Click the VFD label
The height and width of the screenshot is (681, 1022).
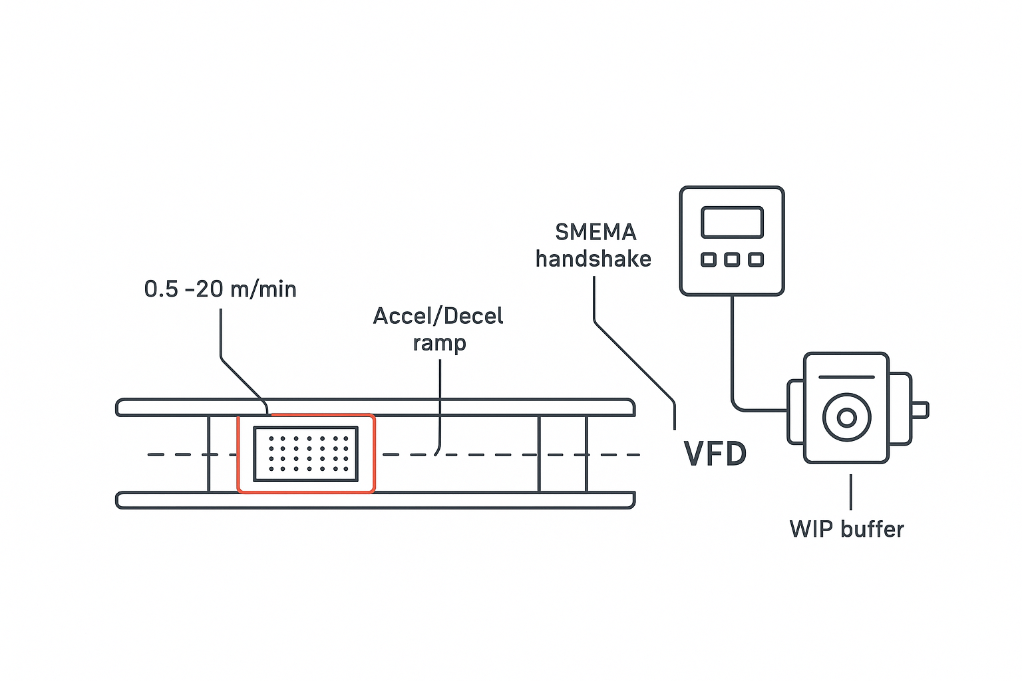point(715,454)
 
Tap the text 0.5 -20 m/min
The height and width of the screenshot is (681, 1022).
point(220,289)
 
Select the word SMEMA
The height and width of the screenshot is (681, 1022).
point(596,232)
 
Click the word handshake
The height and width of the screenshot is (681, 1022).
point(594,259)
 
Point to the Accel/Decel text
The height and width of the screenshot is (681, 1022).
point(438,316)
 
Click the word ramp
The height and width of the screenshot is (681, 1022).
point(439,343)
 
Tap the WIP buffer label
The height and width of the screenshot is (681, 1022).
point(846,529)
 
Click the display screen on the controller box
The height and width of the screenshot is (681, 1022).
point(732,222)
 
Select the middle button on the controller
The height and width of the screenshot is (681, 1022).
point(732,259)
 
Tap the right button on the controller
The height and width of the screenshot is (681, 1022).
point(755,259)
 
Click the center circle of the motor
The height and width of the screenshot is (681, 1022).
point(846,418)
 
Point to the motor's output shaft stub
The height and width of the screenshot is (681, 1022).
point(920,410)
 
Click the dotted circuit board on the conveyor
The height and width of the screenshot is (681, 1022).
point(306,454)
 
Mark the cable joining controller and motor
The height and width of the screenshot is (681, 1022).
point(733,359)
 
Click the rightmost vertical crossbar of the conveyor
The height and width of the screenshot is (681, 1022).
point(586,454)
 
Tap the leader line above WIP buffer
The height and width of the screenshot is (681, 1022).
point(850,492)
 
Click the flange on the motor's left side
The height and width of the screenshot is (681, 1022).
point(796,412)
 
